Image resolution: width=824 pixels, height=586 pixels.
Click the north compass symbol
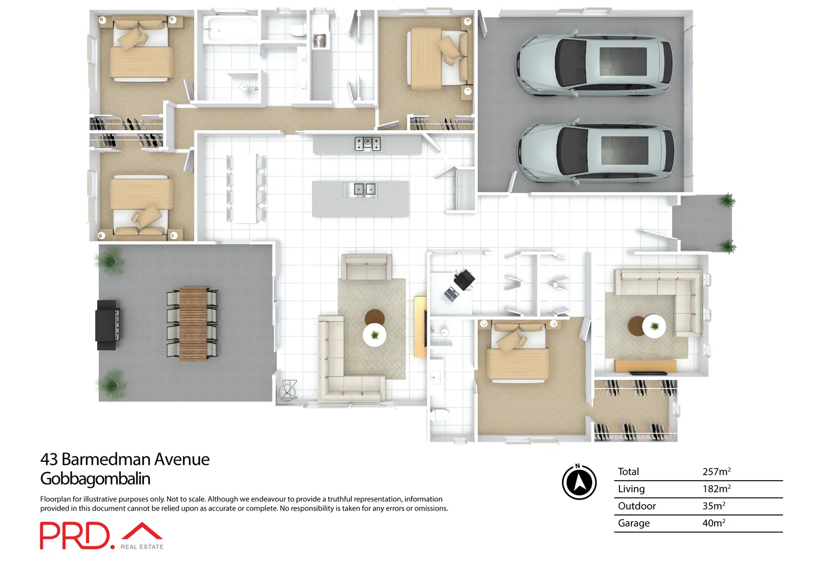pyautogui.click(x=579, y=482)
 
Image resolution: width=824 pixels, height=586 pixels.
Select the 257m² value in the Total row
pyautogui.click(x=716, y=472)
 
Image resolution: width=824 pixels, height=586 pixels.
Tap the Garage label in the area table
pyautogui.click(x=633, y=523)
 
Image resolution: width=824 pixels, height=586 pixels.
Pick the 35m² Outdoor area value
pyautogui.click(x=713, y=506)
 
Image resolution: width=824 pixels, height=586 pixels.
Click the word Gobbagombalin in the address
pyautogui.click(x=95, y=479)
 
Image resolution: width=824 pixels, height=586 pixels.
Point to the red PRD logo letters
pyautogui.click(x=74, y=536)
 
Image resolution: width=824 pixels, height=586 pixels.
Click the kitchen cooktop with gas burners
pyautogui.click(x=367, y=144)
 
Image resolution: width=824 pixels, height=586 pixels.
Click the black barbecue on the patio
pyautogui.click(x=107, y=324)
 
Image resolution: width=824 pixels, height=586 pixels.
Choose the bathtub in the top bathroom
pyautogui.click(x=230, y=29)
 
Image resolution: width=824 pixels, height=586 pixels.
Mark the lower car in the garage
pyautogui.click(x=595, y=153)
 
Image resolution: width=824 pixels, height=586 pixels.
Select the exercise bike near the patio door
pyautogui.click(x=288, y=390)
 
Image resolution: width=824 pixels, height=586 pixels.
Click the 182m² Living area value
pyautogui.click(x=716, y=489)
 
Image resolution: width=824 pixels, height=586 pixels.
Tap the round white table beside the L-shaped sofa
pyautogui.click(x=375, y=334)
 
